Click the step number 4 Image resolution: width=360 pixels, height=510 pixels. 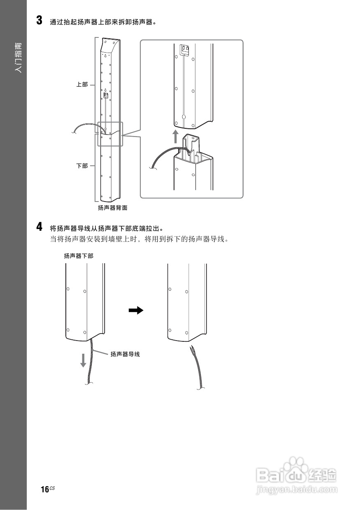(x=39, y=227)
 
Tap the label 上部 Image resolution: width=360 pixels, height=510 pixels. (x=82, y=85)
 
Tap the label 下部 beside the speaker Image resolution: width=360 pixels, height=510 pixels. (x=82, y=166)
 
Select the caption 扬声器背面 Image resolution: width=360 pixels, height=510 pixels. (x=112, y=208)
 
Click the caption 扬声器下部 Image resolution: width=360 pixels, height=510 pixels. (x=79, y=256)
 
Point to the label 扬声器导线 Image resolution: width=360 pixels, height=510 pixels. (x=125, y=354)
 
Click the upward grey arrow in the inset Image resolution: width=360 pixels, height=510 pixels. (x=176, y=137)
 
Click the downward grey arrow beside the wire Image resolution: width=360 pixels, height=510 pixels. (x=84, y=360)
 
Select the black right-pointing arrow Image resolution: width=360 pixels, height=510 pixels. (x=136, y=310)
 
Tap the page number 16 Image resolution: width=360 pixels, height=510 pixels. (x=45, y=489)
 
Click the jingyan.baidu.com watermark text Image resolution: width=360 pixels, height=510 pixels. (x=296, y=490)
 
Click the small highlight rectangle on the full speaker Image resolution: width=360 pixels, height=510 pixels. (x=110, y=134)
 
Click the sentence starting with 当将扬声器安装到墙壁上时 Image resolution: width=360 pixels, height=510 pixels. (x=138, y=239)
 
